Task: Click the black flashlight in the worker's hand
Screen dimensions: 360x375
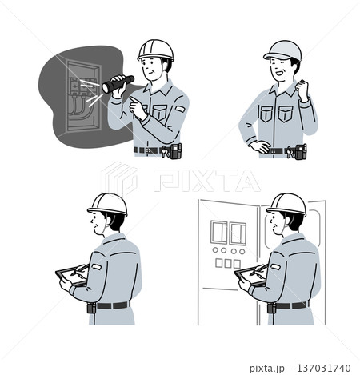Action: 118,84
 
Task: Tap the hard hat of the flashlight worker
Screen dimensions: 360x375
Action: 155,50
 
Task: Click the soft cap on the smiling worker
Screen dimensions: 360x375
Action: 282,50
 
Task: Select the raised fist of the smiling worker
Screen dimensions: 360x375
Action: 302,89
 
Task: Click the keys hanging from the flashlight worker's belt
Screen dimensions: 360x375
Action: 164,152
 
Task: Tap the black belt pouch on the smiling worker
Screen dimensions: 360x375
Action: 301,151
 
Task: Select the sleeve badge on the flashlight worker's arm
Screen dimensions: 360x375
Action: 180,109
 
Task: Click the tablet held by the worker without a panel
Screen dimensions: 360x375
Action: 70,276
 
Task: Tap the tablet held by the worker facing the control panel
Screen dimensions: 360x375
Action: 250,276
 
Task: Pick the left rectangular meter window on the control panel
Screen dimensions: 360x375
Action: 218,233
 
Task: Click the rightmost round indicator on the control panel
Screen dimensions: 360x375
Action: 242,251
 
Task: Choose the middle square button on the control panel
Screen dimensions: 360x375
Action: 228,263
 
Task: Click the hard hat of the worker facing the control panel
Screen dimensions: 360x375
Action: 286,204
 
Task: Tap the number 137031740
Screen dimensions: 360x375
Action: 324,369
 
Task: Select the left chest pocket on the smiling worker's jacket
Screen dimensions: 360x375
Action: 266,114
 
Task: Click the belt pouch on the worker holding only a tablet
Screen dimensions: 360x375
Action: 91,308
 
